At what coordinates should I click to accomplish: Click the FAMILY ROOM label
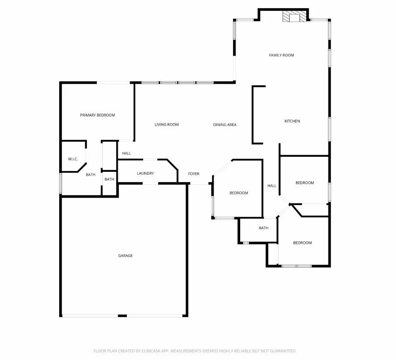click(x=282, y=55)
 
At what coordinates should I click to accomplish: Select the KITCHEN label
click(x=292, y=121)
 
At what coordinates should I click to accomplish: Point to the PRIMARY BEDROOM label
click(x=97, y=115)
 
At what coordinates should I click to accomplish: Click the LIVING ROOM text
click(x=167, y=124)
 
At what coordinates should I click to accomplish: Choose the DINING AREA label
click(x=225, y=125)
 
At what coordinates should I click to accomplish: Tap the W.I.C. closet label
click(x=73, y=159)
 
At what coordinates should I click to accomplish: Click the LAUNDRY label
click(x=145, y=173)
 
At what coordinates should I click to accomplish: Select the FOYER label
click(x=194, y=174)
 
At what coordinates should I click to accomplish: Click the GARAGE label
click(x=125, y=256)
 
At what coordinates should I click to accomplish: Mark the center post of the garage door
click(x=122, y=316)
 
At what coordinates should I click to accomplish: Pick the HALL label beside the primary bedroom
click(x=126, y=153)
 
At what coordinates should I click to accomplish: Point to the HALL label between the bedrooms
click(x=272, y=186)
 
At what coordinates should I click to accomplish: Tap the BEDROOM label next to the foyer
click(x=239, y=193)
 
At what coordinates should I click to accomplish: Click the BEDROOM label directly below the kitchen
click(x=305, y=183)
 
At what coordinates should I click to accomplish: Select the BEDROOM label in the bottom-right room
click(x=302, y=243)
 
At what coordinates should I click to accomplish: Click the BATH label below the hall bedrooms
click(x=263, y=228)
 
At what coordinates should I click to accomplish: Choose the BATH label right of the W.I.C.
click(x=90, y=175)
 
